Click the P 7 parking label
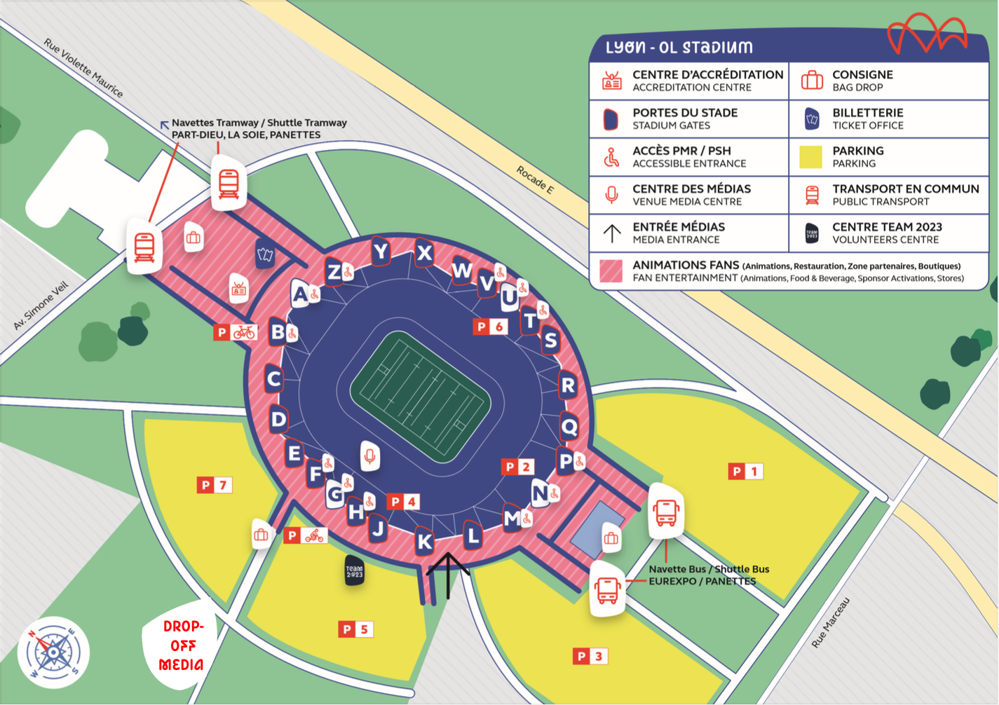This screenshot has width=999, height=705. [x=214, y=485]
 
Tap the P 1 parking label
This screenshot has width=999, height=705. [x=745, y=472]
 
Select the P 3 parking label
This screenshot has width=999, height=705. [x=590, y=657]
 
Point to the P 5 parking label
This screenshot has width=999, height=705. [x=355, y=629]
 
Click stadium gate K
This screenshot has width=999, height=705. [x=425, y=541]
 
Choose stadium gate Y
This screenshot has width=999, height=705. [x=381, y=251]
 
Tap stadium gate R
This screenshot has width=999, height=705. [x=568, y=385]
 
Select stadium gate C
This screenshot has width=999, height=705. [x=274, y=379]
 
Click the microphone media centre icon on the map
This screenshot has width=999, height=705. [x=369, y=456]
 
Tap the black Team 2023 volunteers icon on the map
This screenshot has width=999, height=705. [x=355, y=571]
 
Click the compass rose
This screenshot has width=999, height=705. [x=53, y=652]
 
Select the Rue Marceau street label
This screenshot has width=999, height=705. [x=831, y=622]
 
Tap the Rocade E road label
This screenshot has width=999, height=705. [x=536, y=180]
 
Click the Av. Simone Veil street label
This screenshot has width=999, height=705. [x=41, y=306]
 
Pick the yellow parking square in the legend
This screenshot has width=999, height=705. [x=811, y=157]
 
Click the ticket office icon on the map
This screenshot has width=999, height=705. [x=265, y=254]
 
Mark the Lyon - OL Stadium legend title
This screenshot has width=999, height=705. [x=679, y=48]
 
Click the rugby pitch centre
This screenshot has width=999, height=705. [x=421, y=397]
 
